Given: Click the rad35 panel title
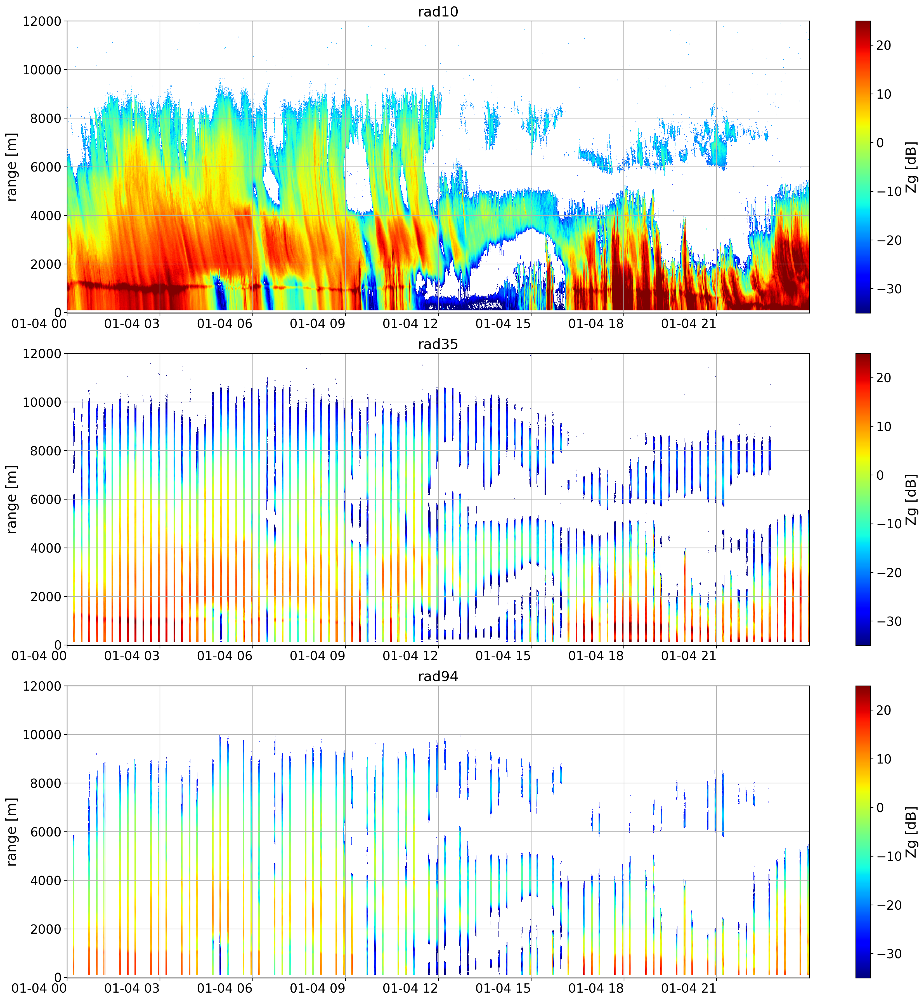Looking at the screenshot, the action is click(438, 344).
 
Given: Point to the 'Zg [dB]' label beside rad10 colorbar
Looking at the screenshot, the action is click(911, 167).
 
